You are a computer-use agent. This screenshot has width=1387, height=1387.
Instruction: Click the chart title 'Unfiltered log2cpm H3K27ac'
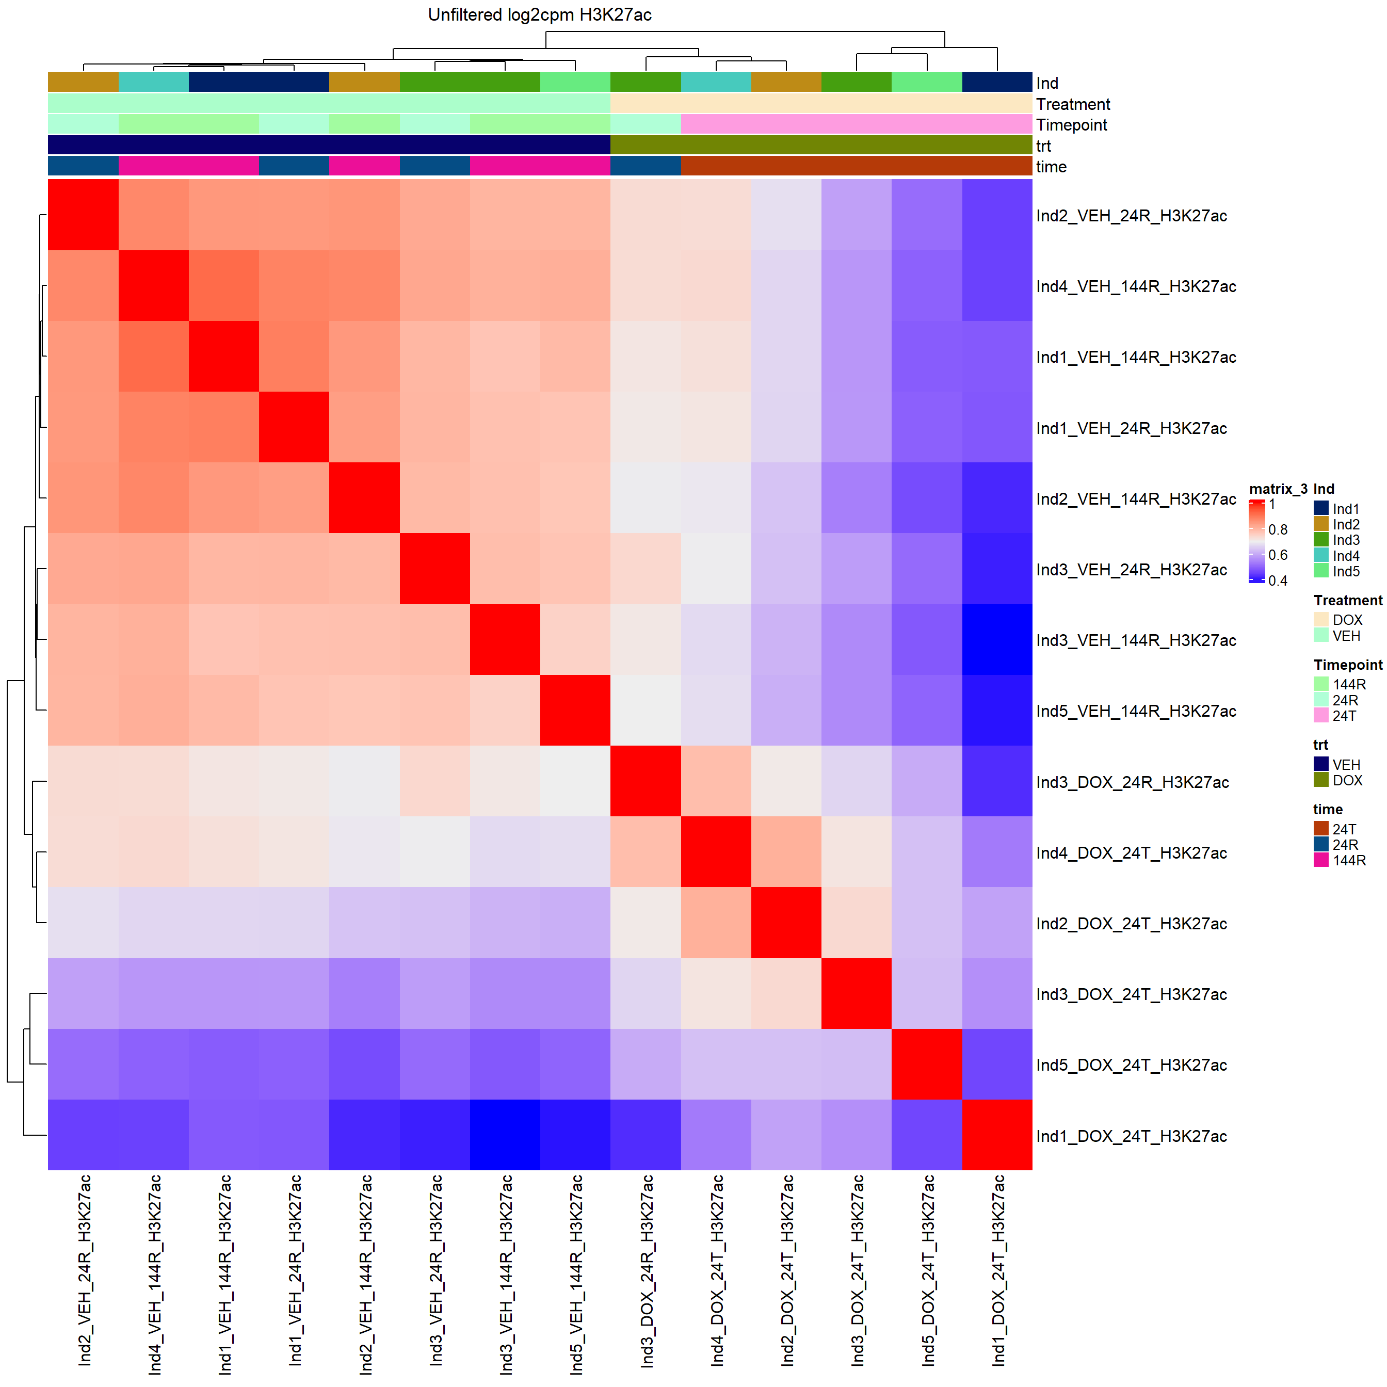click(x=539, y=15)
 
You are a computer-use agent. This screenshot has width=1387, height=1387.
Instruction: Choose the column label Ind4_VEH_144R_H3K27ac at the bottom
click(x=154, y=1275)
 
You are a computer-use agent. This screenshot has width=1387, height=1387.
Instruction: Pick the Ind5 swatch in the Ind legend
click(x=1321, y=571)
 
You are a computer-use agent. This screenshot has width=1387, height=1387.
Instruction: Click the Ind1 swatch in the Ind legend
click(x=1321, y=508)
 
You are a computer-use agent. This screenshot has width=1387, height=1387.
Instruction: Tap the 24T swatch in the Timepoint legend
click(x=1321, y=716)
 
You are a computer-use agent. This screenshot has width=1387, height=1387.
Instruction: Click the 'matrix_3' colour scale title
click(x=1278, y=489)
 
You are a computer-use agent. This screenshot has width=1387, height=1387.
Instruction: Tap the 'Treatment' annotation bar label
click(x=1073, y=105)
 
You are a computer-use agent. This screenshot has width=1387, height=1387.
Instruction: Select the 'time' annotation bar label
click(x=1051, y=167)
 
